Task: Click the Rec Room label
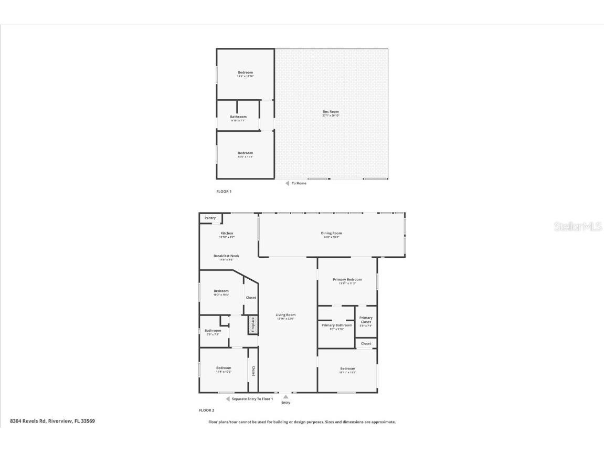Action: coord(331,111)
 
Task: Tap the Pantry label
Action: coord(210,218)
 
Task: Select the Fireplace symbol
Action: coord(252,324)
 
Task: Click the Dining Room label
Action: coord(331,233)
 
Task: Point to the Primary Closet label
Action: coord(366,319)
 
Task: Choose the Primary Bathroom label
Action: coord(336,325)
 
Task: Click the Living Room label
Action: coord(286,315)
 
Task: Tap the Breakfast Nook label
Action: coord(226,256)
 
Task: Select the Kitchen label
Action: coord(227,233)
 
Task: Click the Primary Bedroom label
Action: coord(347,279)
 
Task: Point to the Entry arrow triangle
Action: coord(285,397)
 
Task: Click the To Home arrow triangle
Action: coord(287,183)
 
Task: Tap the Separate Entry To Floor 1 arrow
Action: coord(228,399)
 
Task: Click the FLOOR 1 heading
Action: coord(224,192)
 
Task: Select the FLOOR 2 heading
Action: coord(206,410)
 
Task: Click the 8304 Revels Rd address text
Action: coord(52,421)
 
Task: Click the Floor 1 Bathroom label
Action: coord(238,117)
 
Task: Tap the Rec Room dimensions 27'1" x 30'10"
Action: coord(331,115)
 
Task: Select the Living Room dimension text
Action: coord(286,319)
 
